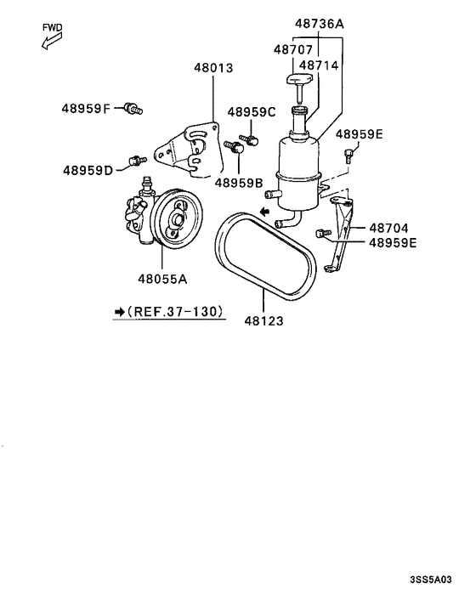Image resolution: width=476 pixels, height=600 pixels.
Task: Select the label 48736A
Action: pos(320,25)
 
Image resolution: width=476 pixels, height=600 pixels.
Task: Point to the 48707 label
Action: pos(294,51)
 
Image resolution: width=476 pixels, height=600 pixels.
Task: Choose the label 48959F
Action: pos(86,108)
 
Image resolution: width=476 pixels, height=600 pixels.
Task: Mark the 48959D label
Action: pos(88,170)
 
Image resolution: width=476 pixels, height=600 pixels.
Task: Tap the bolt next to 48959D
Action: pos(133,159)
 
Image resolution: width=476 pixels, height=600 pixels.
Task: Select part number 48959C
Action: pos(252,112)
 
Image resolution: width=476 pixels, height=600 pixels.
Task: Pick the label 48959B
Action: pos(239,181)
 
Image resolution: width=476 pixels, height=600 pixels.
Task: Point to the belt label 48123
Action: pos(263,321)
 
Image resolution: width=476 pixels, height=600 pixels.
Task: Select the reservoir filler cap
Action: pos(299,82)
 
